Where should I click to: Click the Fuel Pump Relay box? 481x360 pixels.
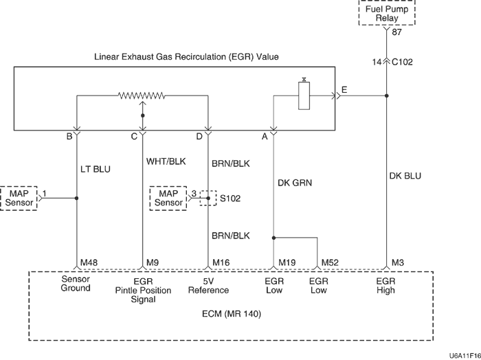[x=387, y=14]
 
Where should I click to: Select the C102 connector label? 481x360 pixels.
[x=405, y=62]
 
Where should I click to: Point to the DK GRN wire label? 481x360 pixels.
[x=295, y=183]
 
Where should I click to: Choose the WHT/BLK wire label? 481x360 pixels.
[x=166, y=162]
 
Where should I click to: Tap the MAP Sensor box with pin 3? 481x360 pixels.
[x=168, y=197]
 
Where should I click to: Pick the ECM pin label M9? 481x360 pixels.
[x=153, y=263]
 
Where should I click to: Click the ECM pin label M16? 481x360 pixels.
[x=221, y=263]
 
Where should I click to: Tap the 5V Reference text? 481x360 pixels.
[x=208, y=286]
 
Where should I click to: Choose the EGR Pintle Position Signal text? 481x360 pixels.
[x=144, y=291]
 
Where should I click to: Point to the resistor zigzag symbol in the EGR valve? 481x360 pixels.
[x=143, y=96]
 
